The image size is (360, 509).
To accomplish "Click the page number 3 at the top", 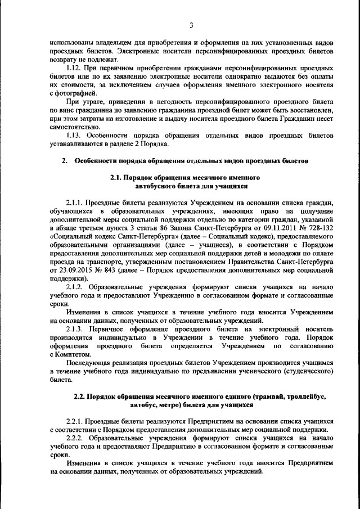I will [x=191, y=25].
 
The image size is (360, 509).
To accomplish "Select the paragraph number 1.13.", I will [x=74, y=136].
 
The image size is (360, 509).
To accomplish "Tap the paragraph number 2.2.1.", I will [x=76, y=421].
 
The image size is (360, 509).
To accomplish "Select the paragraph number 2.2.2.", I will [x=76, y=438].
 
